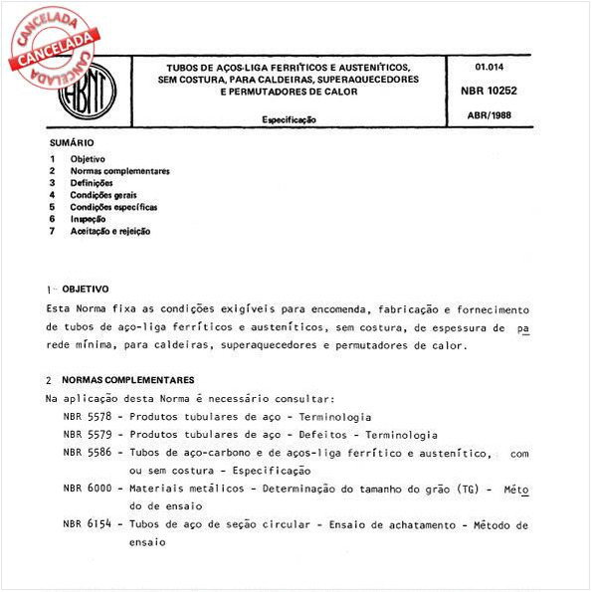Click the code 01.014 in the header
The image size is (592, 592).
[x=485, y=67]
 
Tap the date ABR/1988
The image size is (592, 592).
[x=487, y=115]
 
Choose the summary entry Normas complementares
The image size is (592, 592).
[x=119, y=171]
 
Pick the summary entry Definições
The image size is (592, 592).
[x=92, y=183]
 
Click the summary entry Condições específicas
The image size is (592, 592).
[x=113, y=207]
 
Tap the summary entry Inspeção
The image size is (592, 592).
[x=90, y=219]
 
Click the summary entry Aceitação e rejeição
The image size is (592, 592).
[x=110, y=231]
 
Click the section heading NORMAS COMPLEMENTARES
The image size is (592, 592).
[x=127, y=380]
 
